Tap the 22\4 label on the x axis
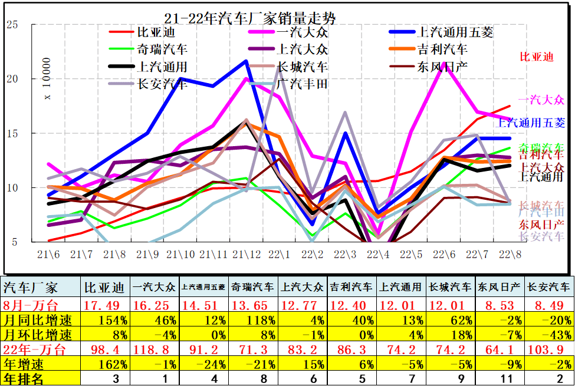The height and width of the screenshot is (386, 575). [377, 255]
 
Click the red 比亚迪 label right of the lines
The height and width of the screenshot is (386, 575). [537, 57]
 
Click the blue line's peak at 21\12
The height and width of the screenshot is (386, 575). [246, 61]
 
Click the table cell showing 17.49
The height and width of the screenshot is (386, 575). [105, 305]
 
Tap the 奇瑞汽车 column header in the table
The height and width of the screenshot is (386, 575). [253, 288]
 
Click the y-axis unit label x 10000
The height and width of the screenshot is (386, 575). [48, 80]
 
